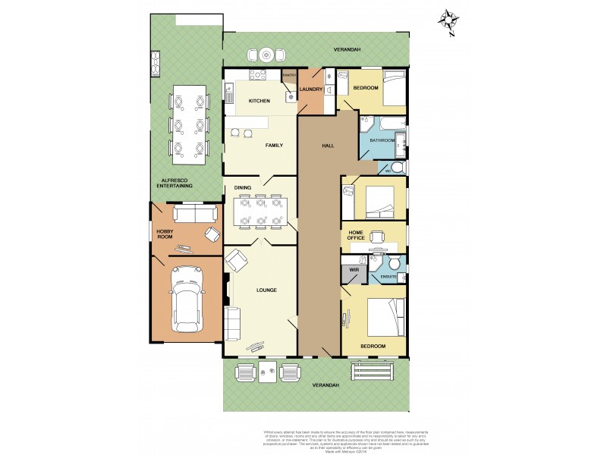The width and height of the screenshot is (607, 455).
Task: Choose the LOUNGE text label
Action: pyautogui.click(x=266, y=290)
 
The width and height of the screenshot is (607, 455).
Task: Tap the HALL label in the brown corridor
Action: pyautogui.click(x=328, y=146)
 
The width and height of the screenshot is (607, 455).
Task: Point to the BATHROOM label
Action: pyautogui.click(x=382, y=140)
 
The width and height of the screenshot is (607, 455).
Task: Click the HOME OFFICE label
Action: pyautogui.click(x=361, y=234)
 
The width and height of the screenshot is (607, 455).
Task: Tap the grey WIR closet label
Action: pyautogui.click(x=354, y=269)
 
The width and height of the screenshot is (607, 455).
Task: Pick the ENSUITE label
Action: pyautogui.click(x=389, y=277)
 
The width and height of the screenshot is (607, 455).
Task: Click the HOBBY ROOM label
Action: pyautogui.click(x=165, y=234)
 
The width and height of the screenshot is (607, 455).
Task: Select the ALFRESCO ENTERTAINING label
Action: pyautogui.click(x=175, y=182)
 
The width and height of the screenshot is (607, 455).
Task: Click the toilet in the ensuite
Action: pyautogui.click(x=395, y=262)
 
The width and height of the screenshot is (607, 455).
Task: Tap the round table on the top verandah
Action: pyautogui.click(x=266, y=55)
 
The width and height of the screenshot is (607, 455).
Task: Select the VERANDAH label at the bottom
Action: pyautogui.click(x=326, y=385)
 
